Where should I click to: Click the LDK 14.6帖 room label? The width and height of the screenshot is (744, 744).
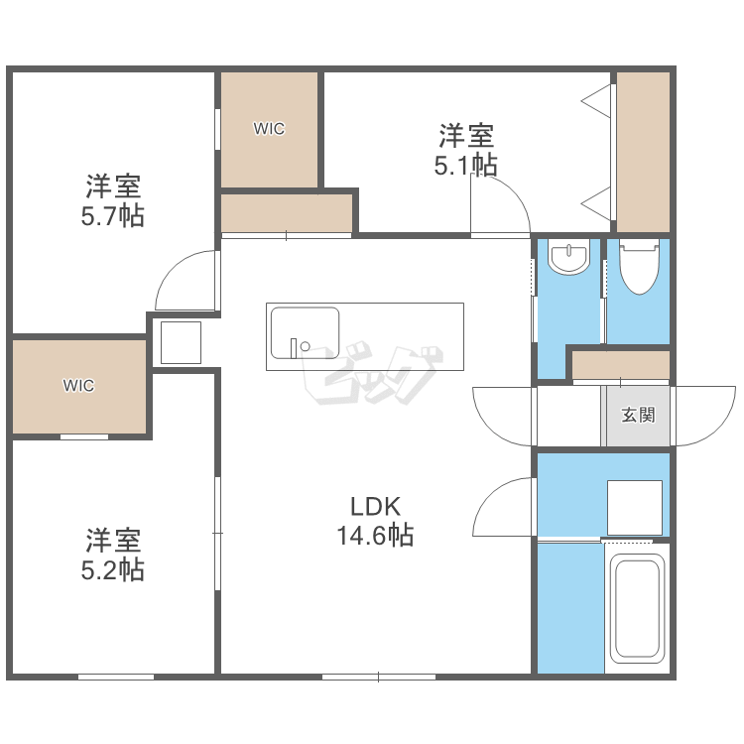tap(375, 521)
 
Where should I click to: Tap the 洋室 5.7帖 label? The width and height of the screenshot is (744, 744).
tap(113, 201)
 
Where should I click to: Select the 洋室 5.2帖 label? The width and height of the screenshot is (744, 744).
tap(113, 555)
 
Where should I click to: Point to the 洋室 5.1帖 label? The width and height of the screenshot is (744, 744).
tap(466, 150)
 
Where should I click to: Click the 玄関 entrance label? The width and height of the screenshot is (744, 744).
tap(638, 416)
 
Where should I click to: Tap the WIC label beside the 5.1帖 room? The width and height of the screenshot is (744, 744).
tap(269, 129)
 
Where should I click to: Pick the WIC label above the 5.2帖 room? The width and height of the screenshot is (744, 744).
tap(78, 385)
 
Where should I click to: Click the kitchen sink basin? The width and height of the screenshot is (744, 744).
tap(305, 333)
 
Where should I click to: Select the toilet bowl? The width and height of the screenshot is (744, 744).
tap(639, 266)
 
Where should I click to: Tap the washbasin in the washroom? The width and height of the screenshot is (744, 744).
tap(569, 257)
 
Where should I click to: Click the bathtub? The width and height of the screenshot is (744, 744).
tap(637, 609)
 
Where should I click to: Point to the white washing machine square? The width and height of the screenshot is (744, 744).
tap(635, 508)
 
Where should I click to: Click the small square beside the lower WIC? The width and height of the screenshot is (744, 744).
tap(181, 342)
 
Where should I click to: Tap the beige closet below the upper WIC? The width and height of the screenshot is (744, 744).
tap(287, 213)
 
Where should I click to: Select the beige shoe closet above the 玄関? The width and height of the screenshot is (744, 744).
tap(621, 365)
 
